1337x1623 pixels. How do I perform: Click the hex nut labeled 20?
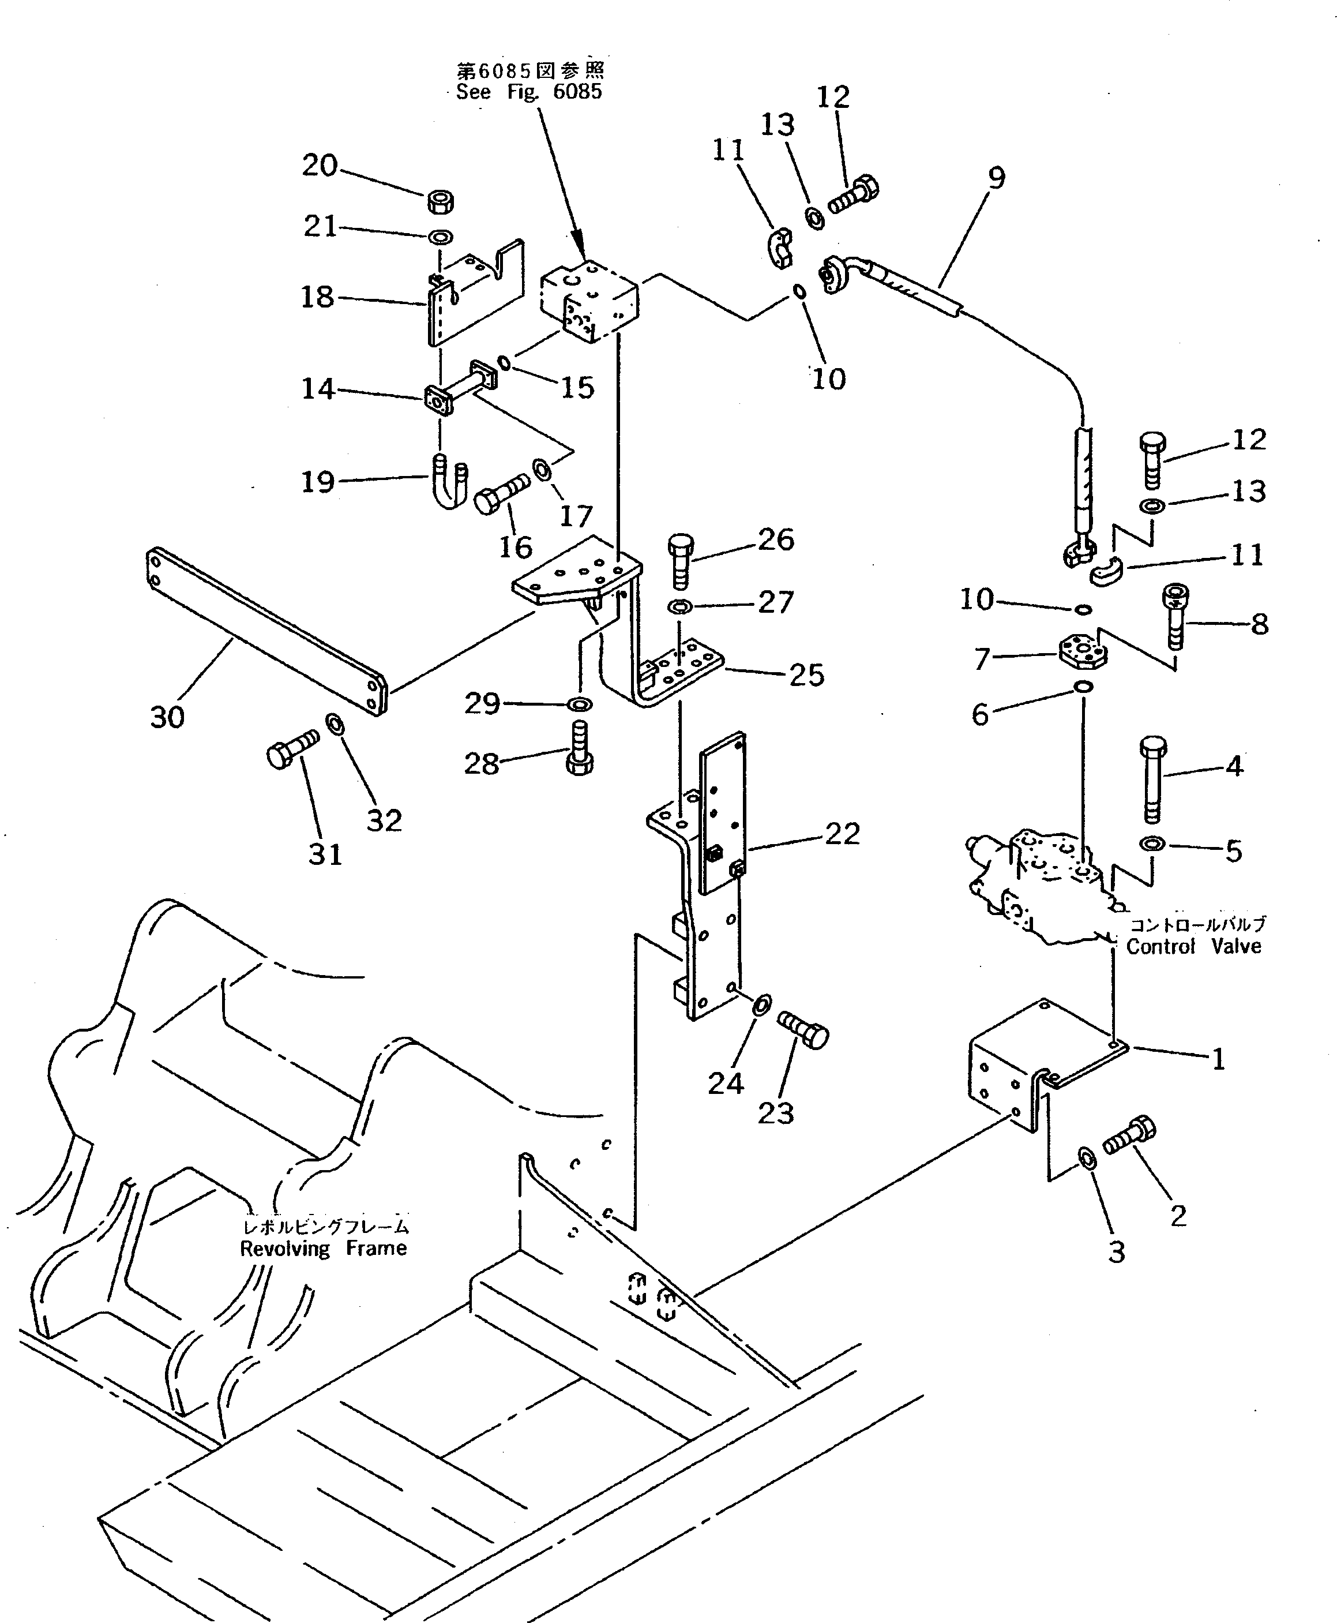click(x=440, y=202)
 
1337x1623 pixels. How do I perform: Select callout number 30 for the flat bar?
click(x=167, y=717)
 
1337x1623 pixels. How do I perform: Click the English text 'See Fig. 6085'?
click(x=528, y=92)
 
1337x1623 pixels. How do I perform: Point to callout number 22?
click(x=842, y=834)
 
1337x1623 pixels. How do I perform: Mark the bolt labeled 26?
click(x=681, y=560)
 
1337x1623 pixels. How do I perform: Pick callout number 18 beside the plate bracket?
click(x=317, y=297)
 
